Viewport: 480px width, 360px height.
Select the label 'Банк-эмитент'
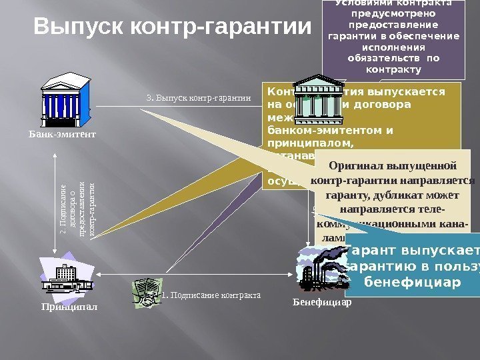[63, 134]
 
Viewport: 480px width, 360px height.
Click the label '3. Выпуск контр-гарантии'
[198, 98]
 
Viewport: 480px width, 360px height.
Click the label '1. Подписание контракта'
[211, 294]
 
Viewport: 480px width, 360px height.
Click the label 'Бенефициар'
[322, 301]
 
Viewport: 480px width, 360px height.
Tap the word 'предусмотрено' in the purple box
[391, 13]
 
